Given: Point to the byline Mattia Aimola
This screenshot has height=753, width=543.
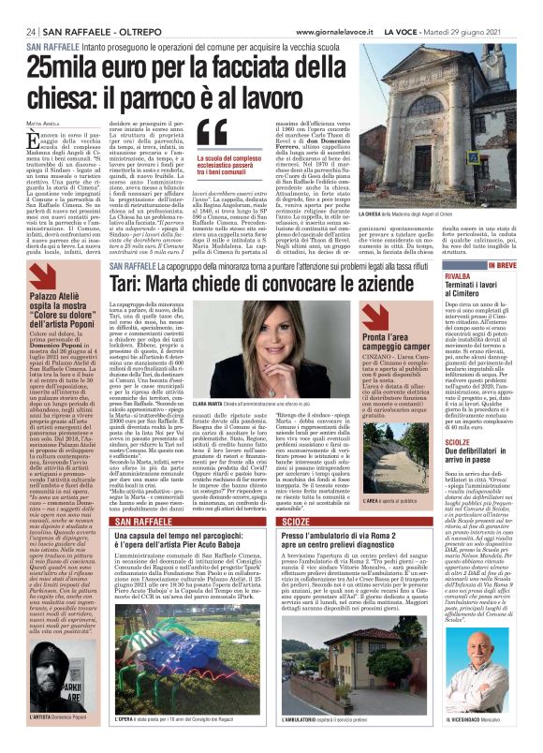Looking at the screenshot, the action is click(39, 122).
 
